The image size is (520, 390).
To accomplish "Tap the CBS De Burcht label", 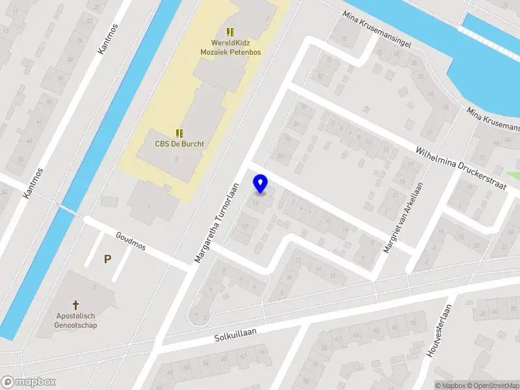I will (x=179, y=144).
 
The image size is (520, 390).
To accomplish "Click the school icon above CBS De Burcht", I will (x=179, y=133).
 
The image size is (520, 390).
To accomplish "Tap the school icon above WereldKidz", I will (x=229, y=31).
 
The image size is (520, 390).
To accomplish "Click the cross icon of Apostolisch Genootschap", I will (x=76, y=304).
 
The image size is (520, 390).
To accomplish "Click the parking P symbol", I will (x=107, y=259).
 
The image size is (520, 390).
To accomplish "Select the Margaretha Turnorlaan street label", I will (x=217, y=222).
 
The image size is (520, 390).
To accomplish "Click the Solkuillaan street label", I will (x=235, y=335).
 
